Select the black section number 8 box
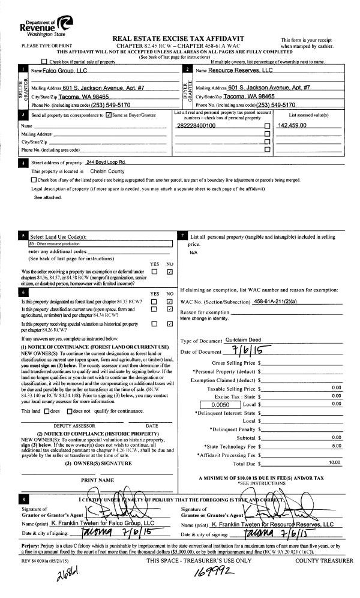click(23, 498)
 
